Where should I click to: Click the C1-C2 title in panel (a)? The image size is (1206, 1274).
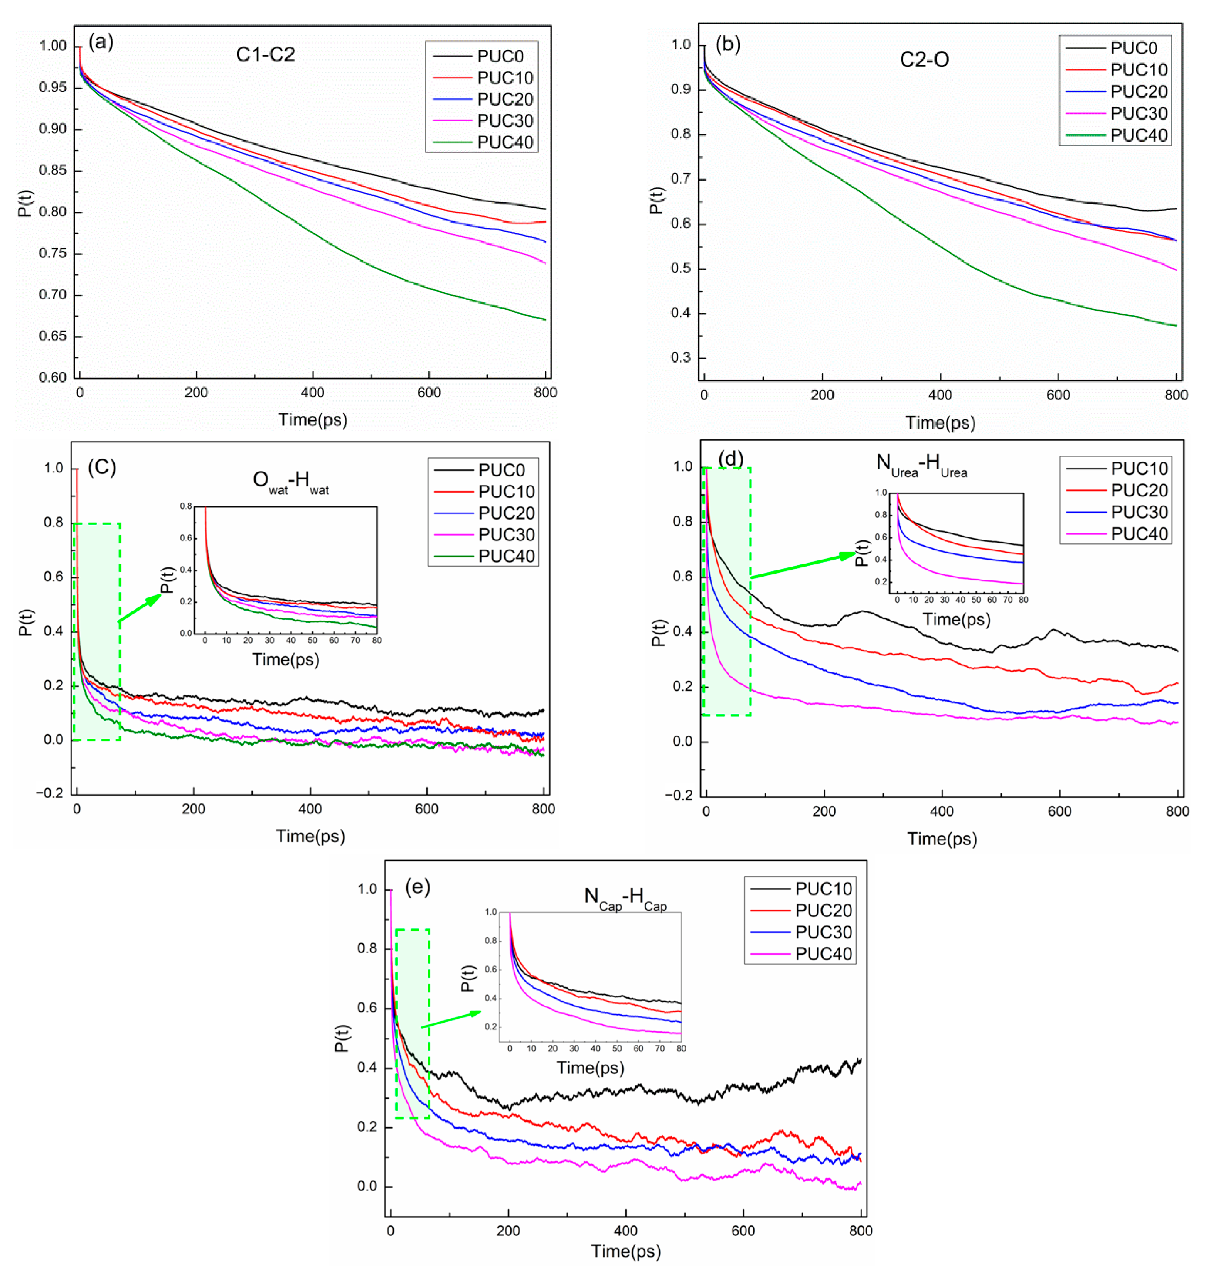click(266, 55)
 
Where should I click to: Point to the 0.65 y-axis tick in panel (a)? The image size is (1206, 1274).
click(53, 336)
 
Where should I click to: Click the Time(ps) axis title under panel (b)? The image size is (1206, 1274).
click(940, 422)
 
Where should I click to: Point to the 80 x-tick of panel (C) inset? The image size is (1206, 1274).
click(377, 641)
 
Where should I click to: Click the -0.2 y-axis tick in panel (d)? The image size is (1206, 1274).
click(676, 795)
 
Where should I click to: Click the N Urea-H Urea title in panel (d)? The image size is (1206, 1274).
click(921, 465)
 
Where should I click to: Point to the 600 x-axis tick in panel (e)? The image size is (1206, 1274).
click(743, 1230)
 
